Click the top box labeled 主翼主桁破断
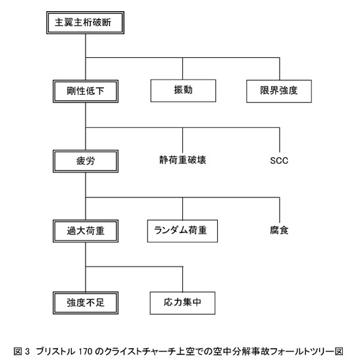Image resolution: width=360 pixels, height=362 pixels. click(85, 22)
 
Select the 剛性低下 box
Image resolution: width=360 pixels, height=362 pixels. click(86, 91)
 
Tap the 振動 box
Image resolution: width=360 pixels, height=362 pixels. click(183, 91)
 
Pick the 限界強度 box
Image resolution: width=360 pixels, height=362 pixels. click(279, 91)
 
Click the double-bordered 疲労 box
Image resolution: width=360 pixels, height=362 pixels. click(86, 161)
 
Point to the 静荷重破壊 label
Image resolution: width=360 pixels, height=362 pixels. click(182, 160)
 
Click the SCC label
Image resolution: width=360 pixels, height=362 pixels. click(279, 161)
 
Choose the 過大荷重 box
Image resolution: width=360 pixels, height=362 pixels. click(86, 231)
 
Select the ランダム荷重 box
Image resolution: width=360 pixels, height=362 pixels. click(182, 231)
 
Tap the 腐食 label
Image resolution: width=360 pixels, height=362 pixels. click(279, 230)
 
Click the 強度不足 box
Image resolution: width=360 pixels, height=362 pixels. click(86, 303)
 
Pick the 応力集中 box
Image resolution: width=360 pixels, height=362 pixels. click(182, 303)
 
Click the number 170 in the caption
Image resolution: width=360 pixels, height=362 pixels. click(86, 351)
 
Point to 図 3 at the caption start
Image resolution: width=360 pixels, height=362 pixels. click(22, 351)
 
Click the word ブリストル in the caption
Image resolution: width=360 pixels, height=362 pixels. click(56, 351)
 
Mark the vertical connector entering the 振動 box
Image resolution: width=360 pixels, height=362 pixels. click(183, 68)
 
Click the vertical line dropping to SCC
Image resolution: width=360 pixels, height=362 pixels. click(280, 140)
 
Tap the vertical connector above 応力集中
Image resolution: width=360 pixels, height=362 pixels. click(183, 279)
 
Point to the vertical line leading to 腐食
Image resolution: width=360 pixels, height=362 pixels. click(280, 210)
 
